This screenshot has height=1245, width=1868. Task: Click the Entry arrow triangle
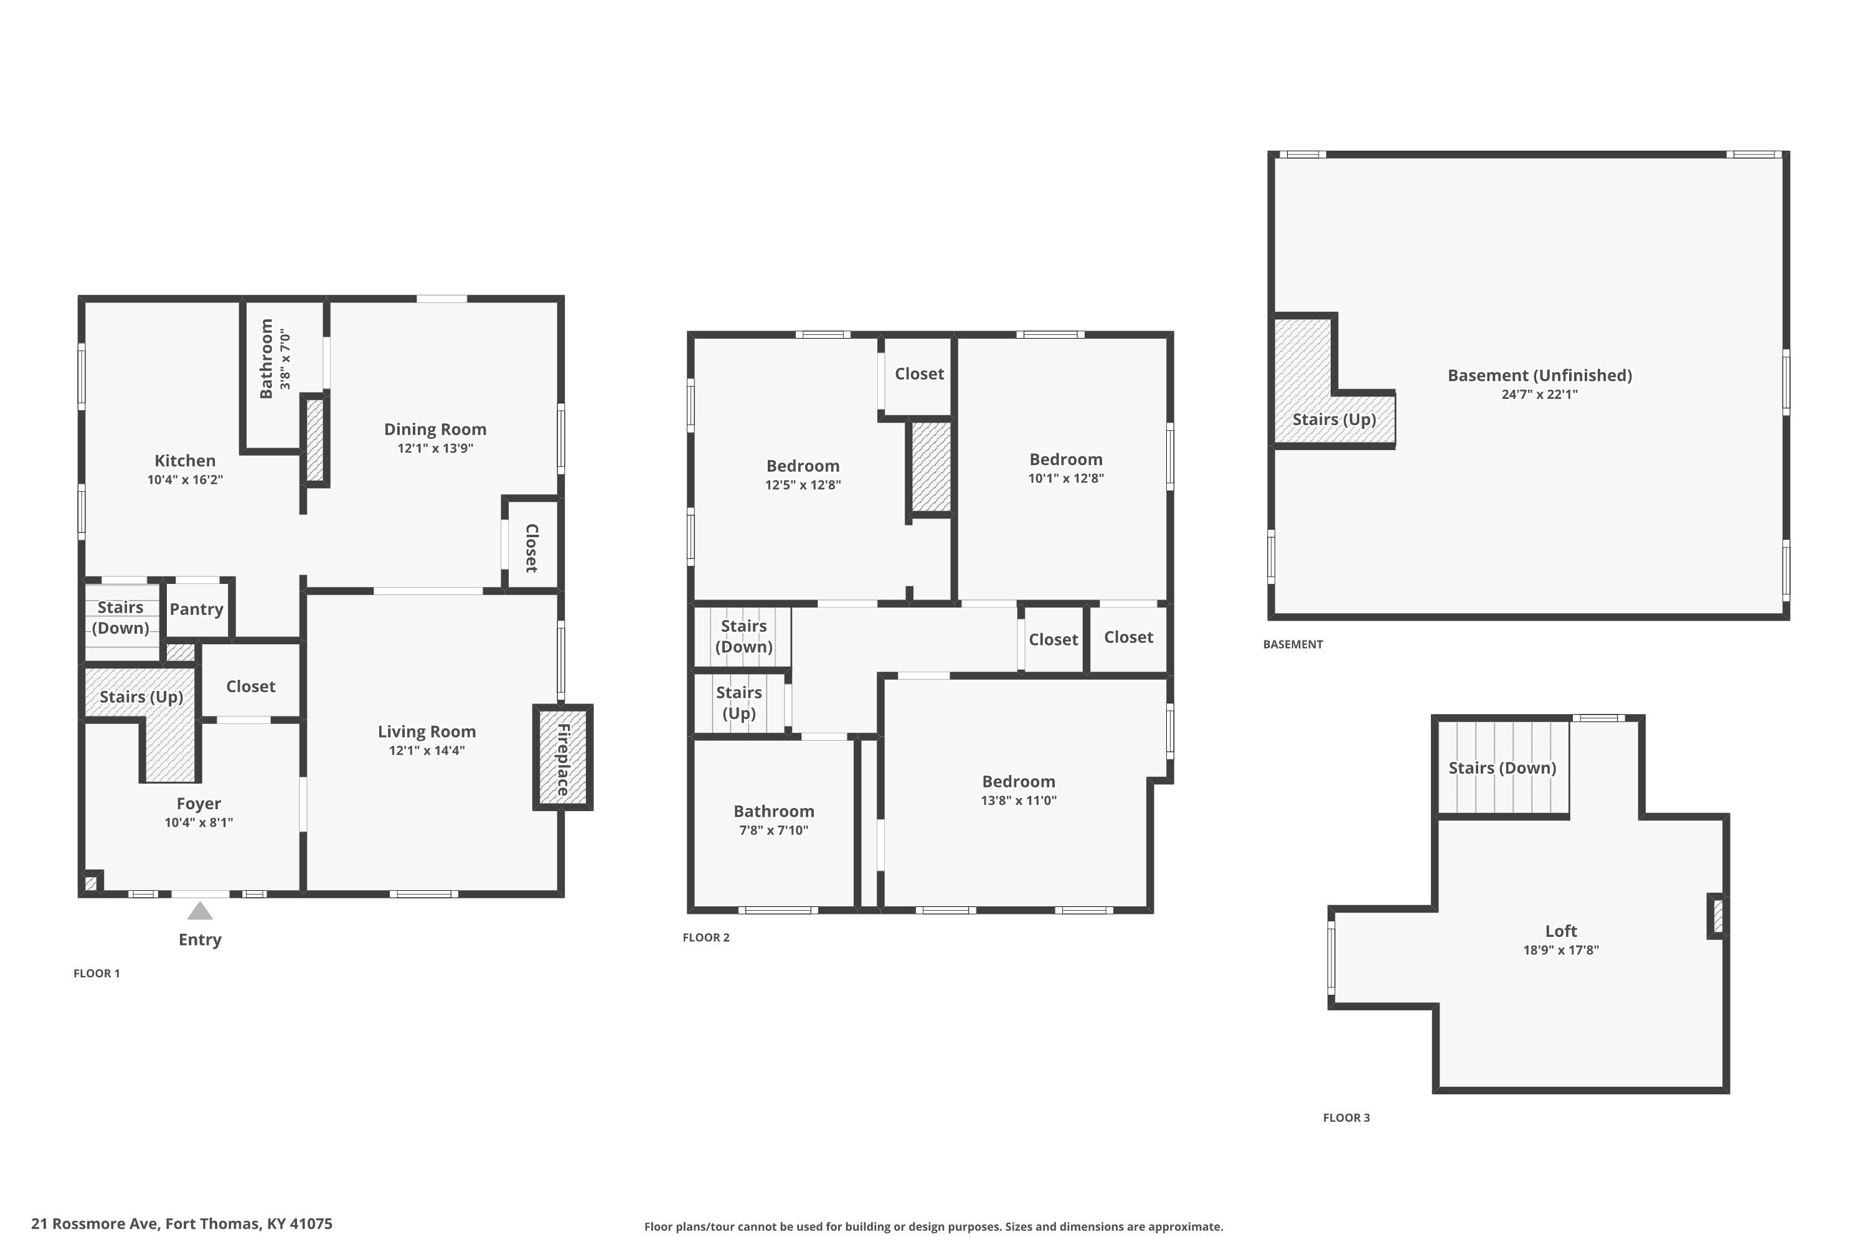tap(199, 911)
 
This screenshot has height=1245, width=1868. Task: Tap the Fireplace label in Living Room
tap(563, 759)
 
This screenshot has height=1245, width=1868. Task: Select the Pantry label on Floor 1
tap(196, 609)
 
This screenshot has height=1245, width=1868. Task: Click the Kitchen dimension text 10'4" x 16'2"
tap(185, 479)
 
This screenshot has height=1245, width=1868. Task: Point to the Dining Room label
tap(435, 429)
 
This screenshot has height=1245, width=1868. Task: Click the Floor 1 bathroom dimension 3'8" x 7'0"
tap(285, 360)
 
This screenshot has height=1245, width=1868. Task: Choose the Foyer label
tap(199, 804)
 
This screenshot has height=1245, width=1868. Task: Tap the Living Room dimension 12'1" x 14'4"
tap(427, 750)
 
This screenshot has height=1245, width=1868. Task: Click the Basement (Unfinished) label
tap(1539, 375)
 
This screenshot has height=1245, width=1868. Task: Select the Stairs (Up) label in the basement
tap(1334, 419)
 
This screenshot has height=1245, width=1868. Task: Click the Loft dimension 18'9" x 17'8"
tap(1560, 950)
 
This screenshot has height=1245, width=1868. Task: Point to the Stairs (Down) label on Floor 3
tap(1502, 768)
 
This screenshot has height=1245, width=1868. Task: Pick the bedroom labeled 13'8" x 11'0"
tap(1018, 781)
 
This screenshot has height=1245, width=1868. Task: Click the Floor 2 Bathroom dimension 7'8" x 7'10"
tap(773, 830)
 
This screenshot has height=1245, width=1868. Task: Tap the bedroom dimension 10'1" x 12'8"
tap(1066, 478)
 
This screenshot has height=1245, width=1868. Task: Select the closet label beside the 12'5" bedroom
tap(919, 373)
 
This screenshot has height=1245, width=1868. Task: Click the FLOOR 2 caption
tap(706, 937)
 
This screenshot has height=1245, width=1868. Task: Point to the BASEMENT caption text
tap(1292, 644)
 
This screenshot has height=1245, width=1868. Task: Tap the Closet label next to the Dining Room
tap(531, 548)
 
